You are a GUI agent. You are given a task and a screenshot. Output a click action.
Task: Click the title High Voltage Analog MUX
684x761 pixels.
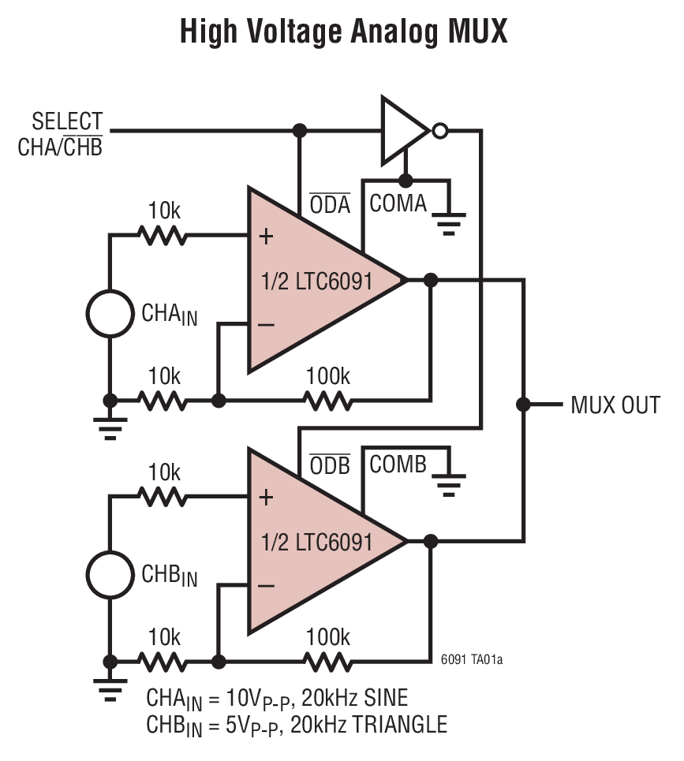[x=342, y=32]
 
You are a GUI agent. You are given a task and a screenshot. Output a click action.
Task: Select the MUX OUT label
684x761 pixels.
[x=615, y=405]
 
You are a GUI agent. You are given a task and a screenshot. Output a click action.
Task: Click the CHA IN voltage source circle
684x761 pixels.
[x=110, y=313]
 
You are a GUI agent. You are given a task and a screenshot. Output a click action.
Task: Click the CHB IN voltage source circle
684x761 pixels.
[x=110, y=574]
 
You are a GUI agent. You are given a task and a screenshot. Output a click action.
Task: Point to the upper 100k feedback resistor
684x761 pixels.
[x=328, y=401]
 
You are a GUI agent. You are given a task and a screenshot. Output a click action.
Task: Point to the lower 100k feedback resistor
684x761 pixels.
[x=328, y=662]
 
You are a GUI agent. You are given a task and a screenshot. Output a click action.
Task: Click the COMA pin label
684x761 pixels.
[x=398, y=203]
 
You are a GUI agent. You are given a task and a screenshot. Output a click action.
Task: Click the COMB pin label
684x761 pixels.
[x=398, y=464]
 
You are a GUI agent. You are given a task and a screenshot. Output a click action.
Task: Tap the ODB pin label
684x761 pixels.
[x=329, y=465]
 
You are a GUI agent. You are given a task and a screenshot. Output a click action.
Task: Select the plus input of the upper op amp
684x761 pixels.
[x=266, y=236]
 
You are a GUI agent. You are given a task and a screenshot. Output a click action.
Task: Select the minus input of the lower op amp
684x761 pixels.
[x=266, y=585]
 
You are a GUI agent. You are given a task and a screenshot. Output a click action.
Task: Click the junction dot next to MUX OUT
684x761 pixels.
[x=523, y=405]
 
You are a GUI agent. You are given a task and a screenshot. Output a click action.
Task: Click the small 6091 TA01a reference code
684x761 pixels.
[x=471, y=659]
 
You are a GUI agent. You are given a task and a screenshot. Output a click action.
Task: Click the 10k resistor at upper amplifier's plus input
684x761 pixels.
[x=163, y=235]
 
